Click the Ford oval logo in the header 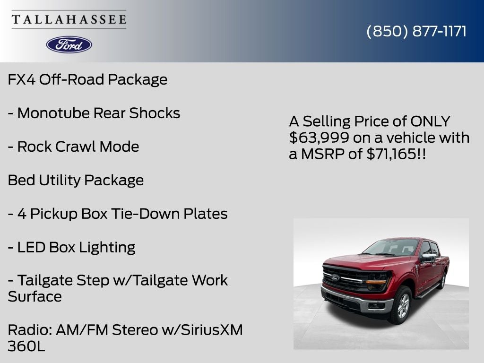[69, 44]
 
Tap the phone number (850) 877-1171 [416, 31]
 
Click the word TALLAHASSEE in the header [69, 19]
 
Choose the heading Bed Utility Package [76, 180]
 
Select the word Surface [35, 297]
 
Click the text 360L [26, 346]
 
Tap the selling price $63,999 [314, 138]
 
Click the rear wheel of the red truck [442, 280]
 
